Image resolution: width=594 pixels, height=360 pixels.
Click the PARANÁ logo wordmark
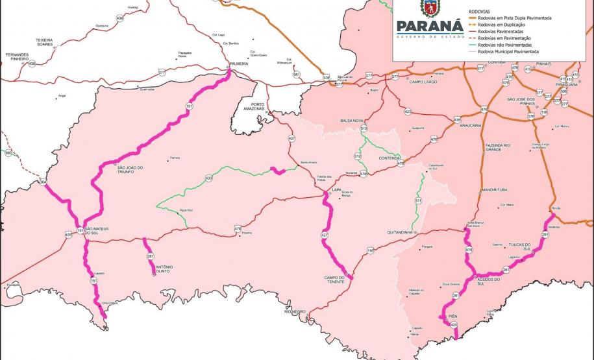coord(430,27)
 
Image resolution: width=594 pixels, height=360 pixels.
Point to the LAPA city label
coord(336,190)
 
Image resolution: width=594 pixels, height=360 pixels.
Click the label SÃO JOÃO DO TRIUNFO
coord(130,169)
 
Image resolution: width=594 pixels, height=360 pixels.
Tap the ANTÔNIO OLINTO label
coord(164,269)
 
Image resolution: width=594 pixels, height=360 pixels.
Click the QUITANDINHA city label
coord(401,232)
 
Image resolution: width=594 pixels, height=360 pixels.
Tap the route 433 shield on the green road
coord(208,178)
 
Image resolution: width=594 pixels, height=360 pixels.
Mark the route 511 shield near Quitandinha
coord(417,202)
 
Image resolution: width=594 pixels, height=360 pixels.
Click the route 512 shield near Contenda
coord(357,156)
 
